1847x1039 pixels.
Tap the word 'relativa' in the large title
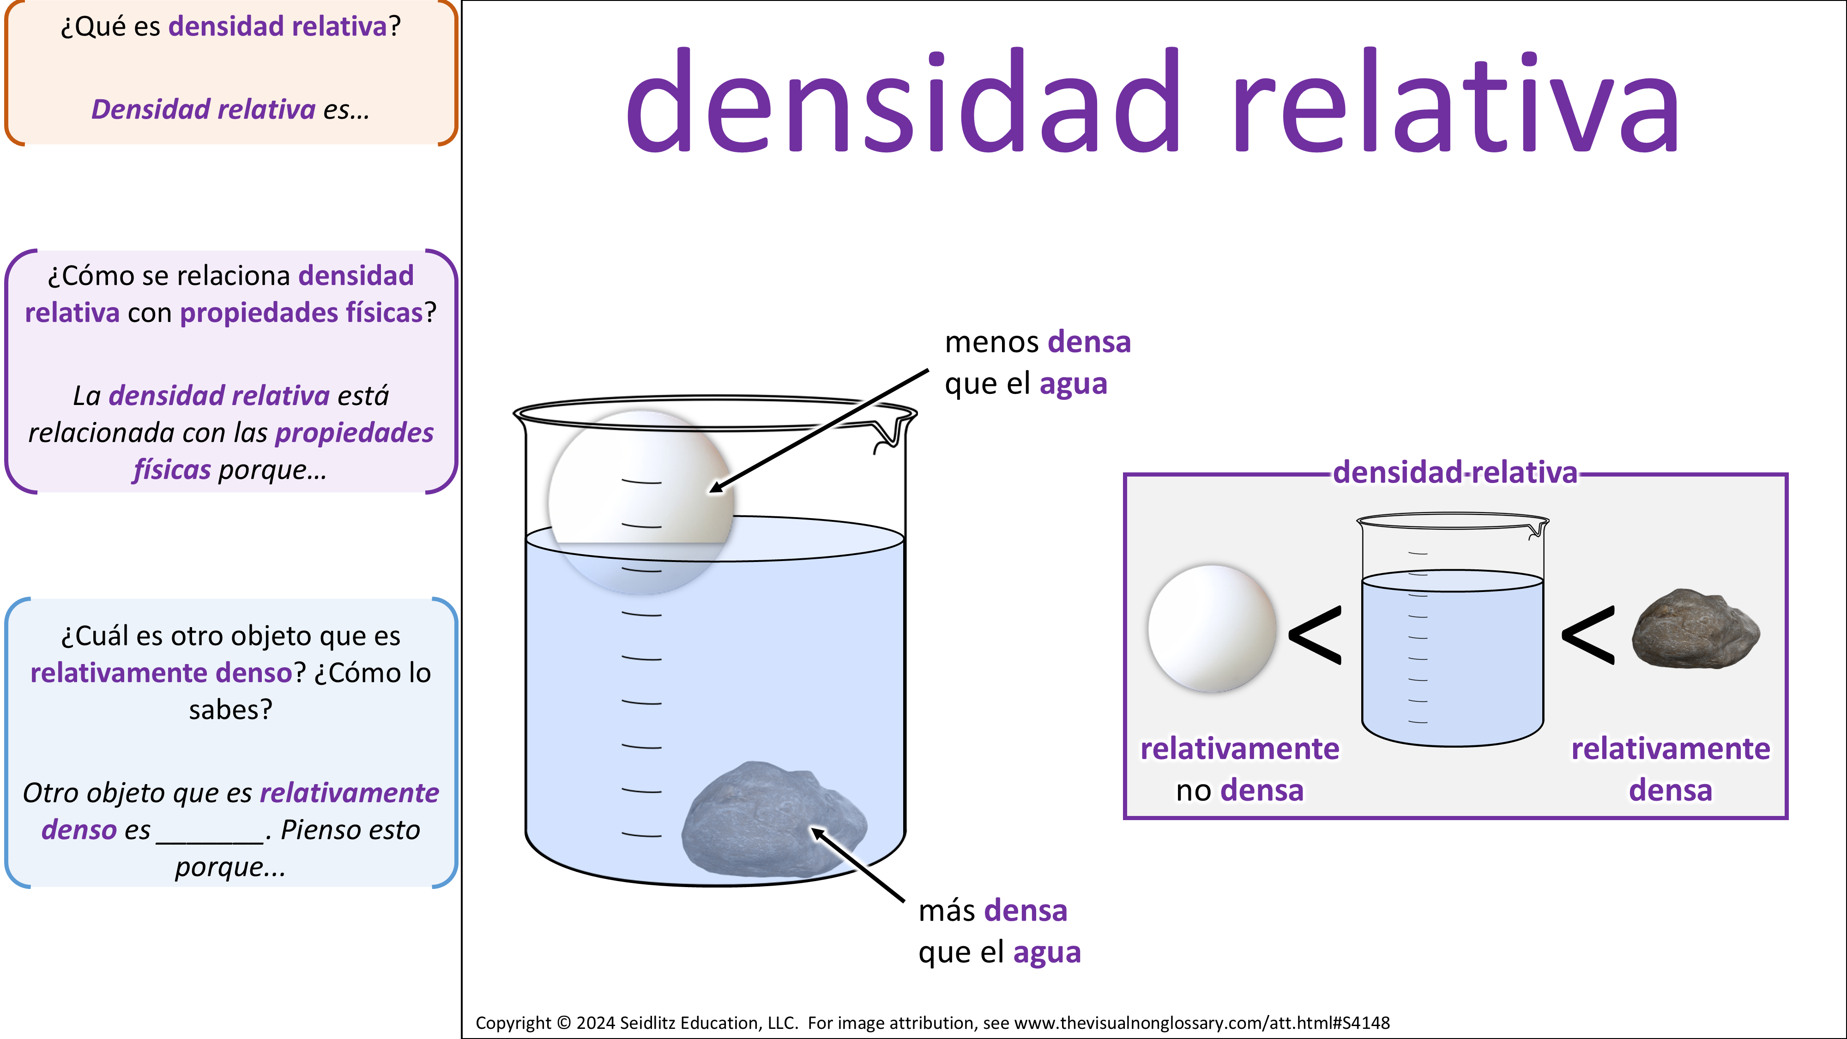pyautogui.click(x=1455, y=100)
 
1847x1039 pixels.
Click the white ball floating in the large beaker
pyautogui.click(x=641, y=502)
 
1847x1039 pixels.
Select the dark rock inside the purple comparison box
pyautogui.click(x=1696, y=629)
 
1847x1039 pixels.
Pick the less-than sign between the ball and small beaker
pyautogui.click(x=1315, y=634)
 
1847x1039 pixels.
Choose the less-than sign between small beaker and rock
pyautogui.click(x=1588, y=634)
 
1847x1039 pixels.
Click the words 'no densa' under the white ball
pyautogui.click(x=1240, y=790)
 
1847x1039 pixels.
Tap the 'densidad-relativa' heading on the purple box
pyautogui.click(x=1455, y=472)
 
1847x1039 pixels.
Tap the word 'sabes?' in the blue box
pyautogui.click(x=231, y=710)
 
